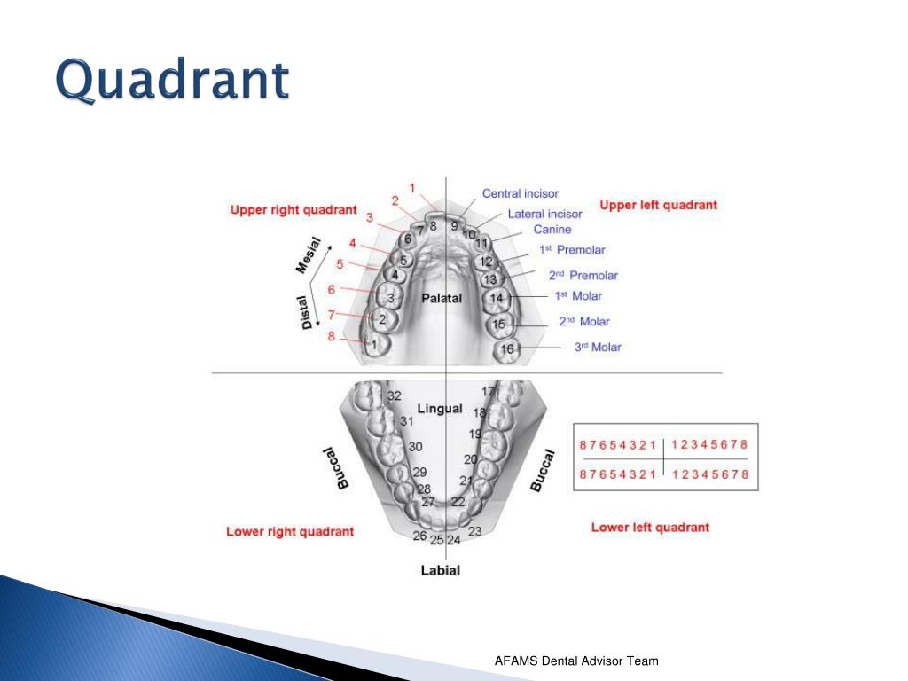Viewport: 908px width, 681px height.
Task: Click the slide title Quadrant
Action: (x=172, y=81)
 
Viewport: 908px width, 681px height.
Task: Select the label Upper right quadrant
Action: (x=294, y=210)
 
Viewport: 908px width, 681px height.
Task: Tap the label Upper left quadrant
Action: (x=658, y=205)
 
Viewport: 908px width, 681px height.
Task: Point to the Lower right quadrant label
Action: (x=290, y=531)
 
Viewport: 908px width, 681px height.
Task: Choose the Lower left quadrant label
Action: (x=650, y=527)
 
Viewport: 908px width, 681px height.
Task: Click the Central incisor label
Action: (x=521, y=193)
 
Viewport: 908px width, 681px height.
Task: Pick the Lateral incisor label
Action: (x=544, y=214)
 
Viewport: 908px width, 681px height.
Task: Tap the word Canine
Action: (x=552, y=230)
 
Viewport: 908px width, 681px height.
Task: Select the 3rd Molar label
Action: (x=598, y=347)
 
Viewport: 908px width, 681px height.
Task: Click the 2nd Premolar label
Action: (x=583, y=275)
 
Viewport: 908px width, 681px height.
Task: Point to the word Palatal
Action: (x=442, y=298)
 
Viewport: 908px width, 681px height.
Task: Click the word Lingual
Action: (x=440, y=408)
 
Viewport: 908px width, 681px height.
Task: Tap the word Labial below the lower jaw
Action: (x=440, y=570)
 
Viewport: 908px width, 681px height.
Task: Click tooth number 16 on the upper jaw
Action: (x=507, y=349)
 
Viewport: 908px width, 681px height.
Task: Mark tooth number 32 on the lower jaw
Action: (x=395, y=395)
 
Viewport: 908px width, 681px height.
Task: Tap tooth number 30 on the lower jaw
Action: (x=415, y=446)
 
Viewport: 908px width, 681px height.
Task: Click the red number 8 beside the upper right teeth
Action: (x=332, y=336)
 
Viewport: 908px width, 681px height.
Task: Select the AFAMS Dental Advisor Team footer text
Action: (x=576, y=661)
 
